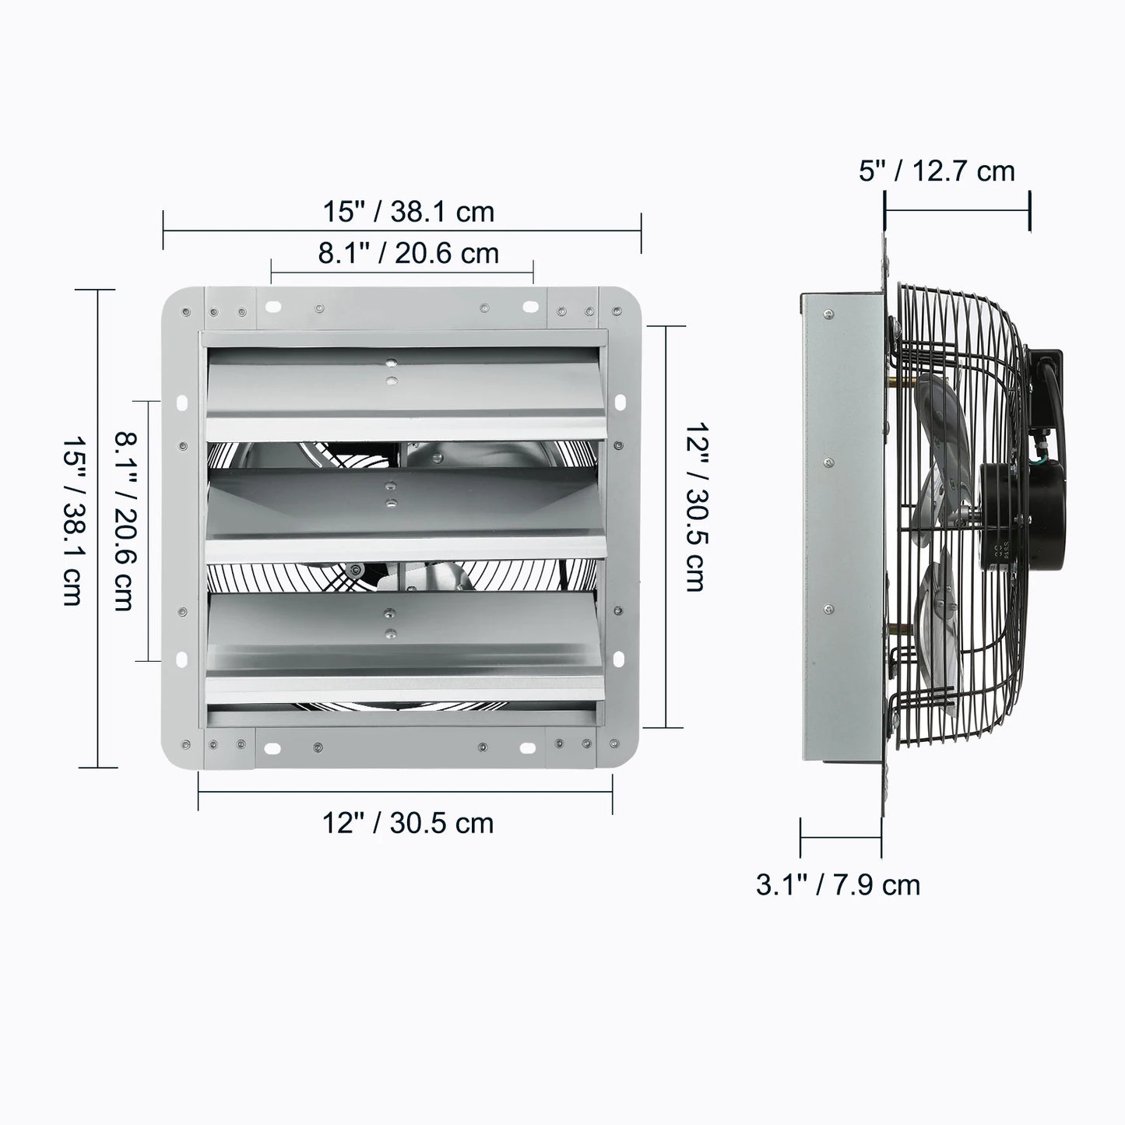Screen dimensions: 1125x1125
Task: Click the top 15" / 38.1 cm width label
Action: pyautogui.click(x=408, y=212)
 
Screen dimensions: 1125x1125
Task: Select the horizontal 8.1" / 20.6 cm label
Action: pyautogui.click(x=408, y=253)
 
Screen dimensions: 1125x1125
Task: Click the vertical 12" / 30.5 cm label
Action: pyautogui.click(x=694, y=507)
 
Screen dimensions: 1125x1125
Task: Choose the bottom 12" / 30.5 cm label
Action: pyautogui.click(x=408, y=823)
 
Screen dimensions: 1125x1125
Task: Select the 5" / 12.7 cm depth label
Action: pyautogui.click(x=937, y=171)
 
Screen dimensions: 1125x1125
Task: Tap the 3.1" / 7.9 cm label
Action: pyautogui.click(x=838, y=884)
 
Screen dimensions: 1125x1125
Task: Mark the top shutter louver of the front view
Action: pyautogui.click(x=405, y=389)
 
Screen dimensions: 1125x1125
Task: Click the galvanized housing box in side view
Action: pyautogui.click(x=841, y=529)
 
